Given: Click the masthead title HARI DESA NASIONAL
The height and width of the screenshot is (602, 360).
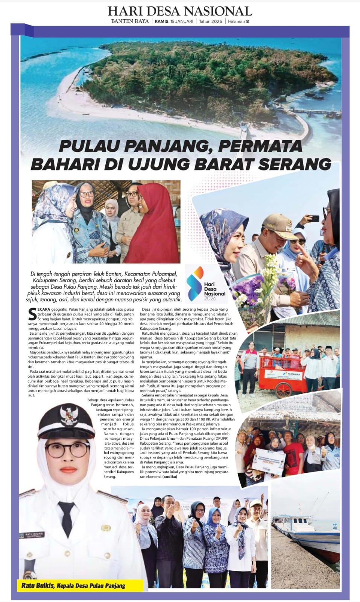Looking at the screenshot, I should coord(180,11).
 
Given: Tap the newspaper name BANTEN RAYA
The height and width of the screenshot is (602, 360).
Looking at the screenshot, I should coord(129,21).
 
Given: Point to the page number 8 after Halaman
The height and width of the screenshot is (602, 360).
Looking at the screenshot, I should coord(248,21).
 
